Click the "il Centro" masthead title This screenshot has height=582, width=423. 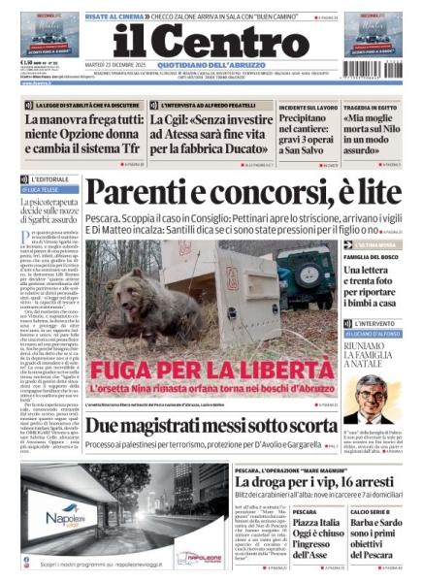pos(211,40)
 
